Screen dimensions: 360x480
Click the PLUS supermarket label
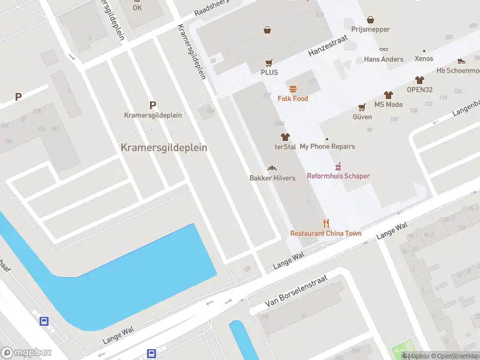[269, 72]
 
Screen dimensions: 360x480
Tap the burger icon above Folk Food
[293, 89]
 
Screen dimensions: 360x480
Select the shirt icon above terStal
[285, 137]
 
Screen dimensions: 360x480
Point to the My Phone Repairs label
[327, 146]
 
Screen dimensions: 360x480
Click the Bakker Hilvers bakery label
[272, 178]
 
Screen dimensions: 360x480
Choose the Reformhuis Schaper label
[338, 176]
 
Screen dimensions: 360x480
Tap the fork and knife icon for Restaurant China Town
[326, 224]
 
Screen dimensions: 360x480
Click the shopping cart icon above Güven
[362, 107]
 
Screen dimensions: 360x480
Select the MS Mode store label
[388, 104]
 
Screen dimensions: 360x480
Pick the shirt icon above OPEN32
[419, 80]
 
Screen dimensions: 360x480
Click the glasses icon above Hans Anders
[383, 50]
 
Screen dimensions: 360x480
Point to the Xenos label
[424, 59]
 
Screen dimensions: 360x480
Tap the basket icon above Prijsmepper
[370, 20]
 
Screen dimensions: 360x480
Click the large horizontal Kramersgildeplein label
[164, 148]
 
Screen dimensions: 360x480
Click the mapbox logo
[26, 353]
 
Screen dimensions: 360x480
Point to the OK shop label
[137, 8]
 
